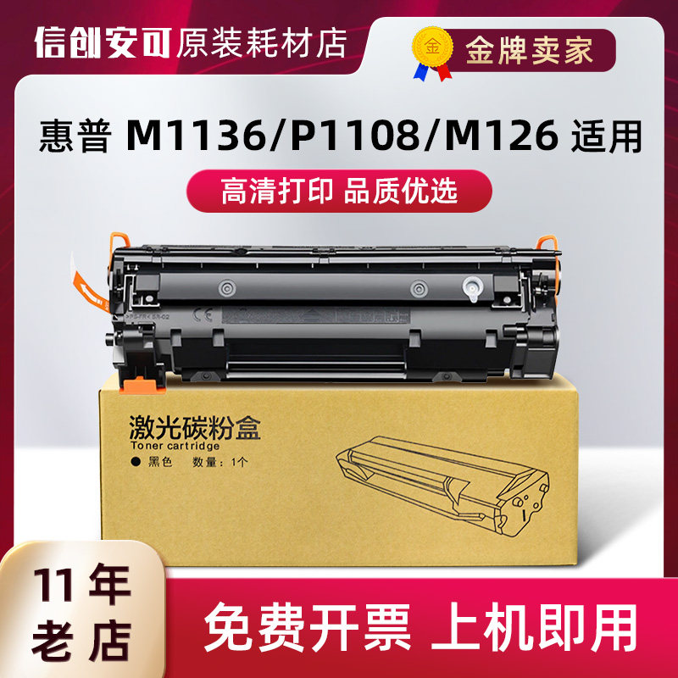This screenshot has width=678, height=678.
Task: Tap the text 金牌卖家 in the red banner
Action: [x=529, y=50]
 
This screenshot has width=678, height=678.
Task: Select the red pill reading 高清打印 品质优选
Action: [x=338, y=190]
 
